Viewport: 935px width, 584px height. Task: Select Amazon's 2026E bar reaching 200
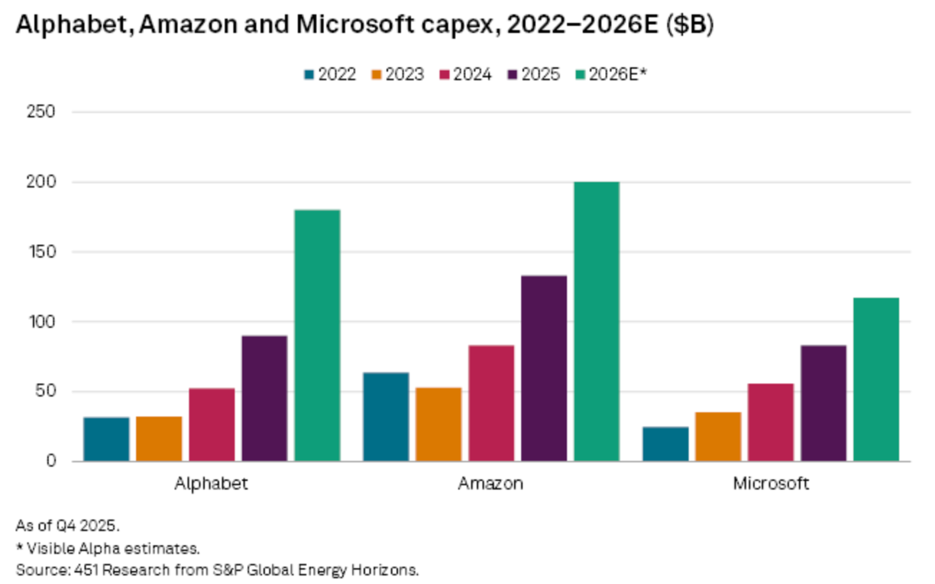(x=597, y=321)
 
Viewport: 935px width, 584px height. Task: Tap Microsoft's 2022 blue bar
(x=665, y=443)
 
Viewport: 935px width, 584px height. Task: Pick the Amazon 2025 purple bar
(x=544, y=368)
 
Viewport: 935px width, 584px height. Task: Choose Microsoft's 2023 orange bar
(x=718, y=436)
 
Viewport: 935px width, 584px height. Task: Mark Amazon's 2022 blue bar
(x=386, y=417)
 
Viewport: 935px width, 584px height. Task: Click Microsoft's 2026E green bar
(x=875, y=379)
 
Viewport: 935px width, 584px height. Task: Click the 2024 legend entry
(x=465, y=75)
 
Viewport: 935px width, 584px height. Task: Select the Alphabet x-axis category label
(x=212, y=484)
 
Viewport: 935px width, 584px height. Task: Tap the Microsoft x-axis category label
(x=771, y=484)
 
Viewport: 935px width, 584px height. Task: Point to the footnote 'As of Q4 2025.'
(x=68, y=526)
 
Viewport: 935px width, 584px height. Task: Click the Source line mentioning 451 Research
(x=218, y=569)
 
